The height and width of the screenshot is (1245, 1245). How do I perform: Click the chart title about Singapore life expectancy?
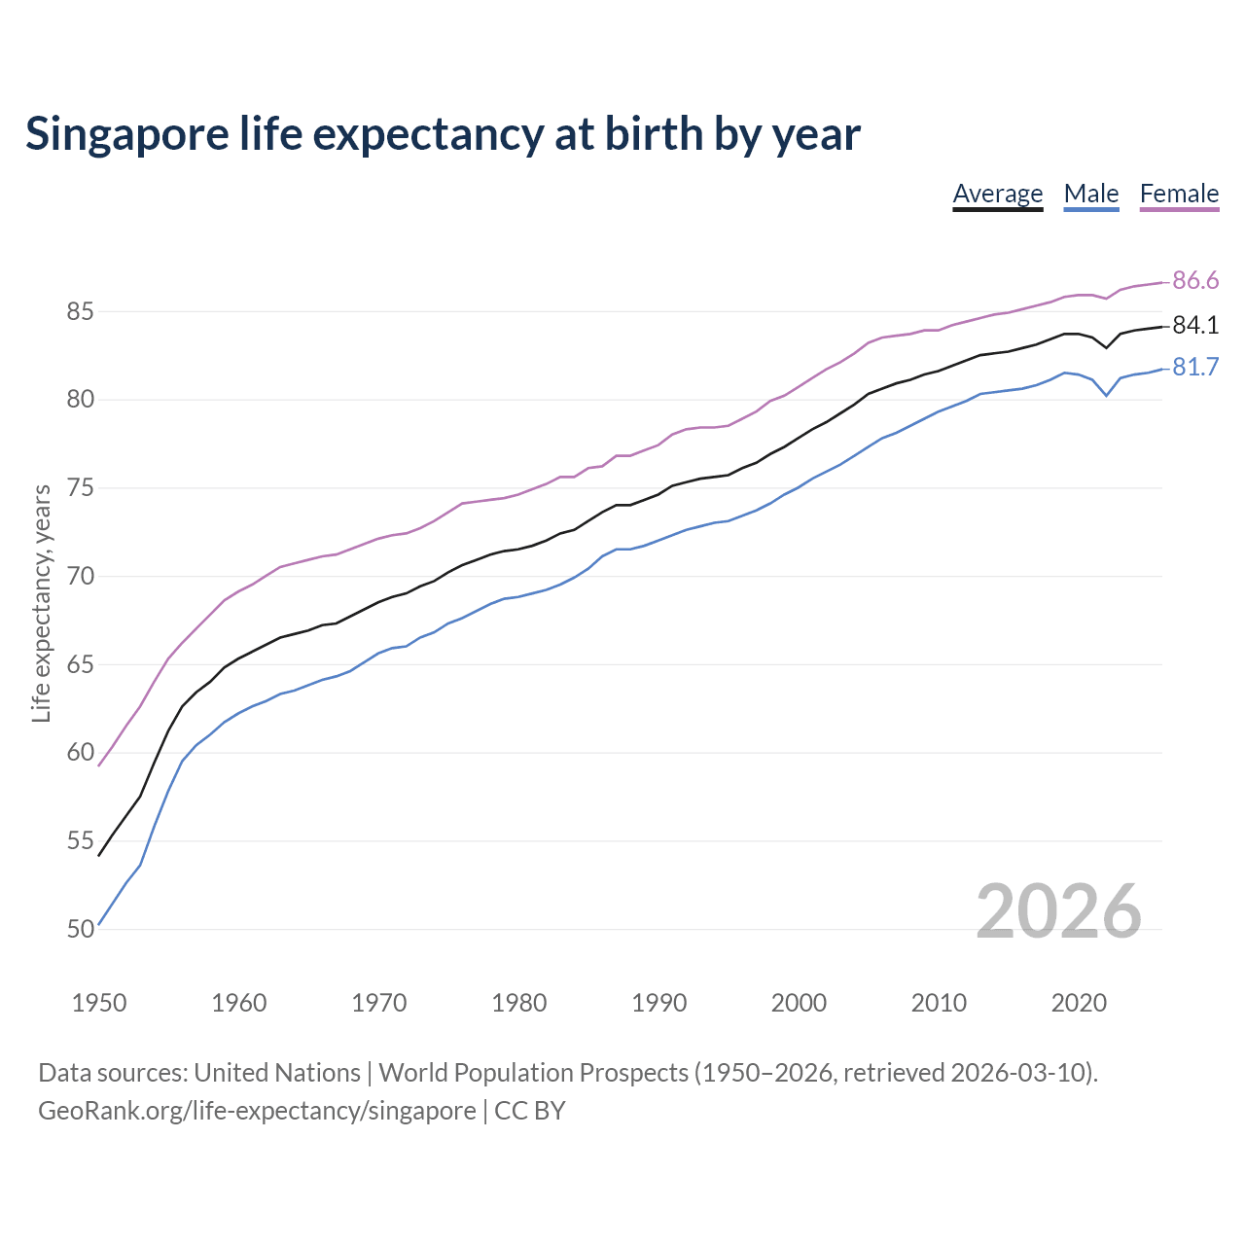(443, 134)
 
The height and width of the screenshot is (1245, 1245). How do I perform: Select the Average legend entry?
(997, 194)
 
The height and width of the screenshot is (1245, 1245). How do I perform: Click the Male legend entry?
(1090, 194)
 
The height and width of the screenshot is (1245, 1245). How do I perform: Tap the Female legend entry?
(1179, 194)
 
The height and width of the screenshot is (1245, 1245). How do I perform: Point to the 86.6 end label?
(1195, 281)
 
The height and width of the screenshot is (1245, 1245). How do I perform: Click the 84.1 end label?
(1195, 326)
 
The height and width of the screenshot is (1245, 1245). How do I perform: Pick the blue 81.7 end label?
(1195, 368)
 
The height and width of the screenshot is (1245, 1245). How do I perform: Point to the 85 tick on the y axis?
(80, 312)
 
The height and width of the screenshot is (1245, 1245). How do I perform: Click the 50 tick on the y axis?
(80, 930)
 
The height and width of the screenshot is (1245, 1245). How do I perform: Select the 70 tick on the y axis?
(80, 577)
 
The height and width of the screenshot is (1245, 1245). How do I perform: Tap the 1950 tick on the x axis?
(99, 1003)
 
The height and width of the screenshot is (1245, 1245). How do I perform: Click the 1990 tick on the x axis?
(658, 1003)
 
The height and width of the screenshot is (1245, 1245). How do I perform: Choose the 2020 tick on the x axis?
(1079, 1003)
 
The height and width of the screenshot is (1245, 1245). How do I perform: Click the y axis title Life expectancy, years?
(42, 604)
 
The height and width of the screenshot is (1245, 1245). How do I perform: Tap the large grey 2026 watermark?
(1058, 911)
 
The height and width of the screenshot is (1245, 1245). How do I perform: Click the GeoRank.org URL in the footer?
(257, 1110)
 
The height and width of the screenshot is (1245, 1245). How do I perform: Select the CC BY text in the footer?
(530, 1110)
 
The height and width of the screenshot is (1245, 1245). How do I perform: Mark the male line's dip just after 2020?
(1106, 395)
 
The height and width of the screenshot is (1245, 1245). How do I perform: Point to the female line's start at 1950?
(99, 765)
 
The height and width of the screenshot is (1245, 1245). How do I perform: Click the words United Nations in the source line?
(277, 1073)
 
